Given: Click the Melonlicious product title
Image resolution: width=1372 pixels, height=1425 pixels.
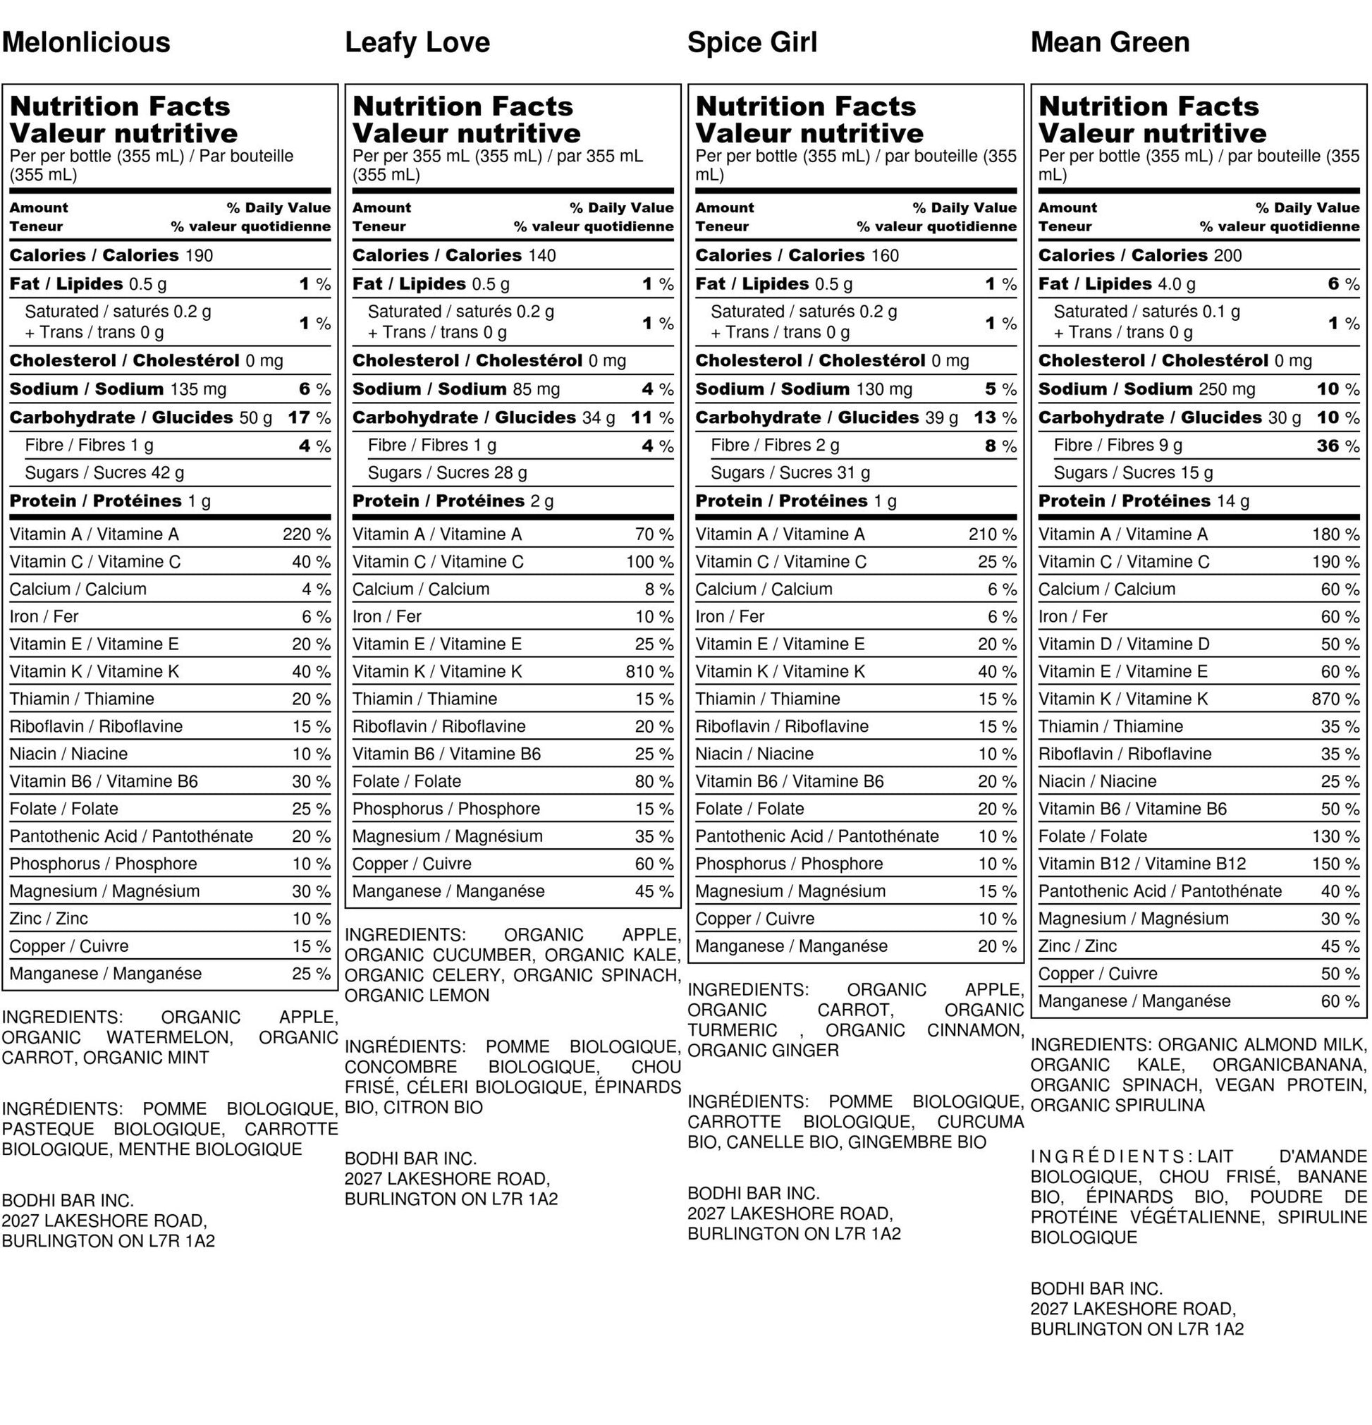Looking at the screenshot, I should (x=86, y=42).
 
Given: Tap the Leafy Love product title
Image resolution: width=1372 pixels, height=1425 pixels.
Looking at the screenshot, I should (x=417, y=42).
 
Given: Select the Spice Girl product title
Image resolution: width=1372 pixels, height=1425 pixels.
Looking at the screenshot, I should (x=752, y=42).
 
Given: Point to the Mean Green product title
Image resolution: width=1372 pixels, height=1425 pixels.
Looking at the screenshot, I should (x=1110, y=42).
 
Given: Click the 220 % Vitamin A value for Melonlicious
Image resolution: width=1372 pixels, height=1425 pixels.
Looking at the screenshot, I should (x=306, y=534).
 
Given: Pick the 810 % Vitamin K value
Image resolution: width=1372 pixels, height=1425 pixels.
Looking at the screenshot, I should (x=649, y=672).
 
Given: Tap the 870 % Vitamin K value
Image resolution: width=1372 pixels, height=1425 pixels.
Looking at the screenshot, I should (x=1335, y=699).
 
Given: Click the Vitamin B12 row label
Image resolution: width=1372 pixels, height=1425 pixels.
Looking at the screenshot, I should (x=1141, y=864).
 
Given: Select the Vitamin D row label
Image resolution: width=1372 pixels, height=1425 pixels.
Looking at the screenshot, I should (x=1123, y=644).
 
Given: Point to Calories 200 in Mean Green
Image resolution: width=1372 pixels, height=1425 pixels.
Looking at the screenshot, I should (x=1139, y=255).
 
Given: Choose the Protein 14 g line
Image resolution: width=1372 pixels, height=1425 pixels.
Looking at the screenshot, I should (x=1143, y=501).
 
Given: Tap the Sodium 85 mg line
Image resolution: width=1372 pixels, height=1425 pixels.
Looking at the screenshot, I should (x=456, y=389).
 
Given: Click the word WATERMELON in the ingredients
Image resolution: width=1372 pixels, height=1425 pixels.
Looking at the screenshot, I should (x=169, y=1037).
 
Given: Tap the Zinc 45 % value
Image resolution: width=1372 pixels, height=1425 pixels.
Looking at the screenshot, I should (x=1340, y=946).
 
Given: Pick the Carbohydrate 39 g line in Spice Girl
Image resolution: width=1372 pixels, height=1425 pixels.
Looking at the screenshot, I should (x=826, y=417).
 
